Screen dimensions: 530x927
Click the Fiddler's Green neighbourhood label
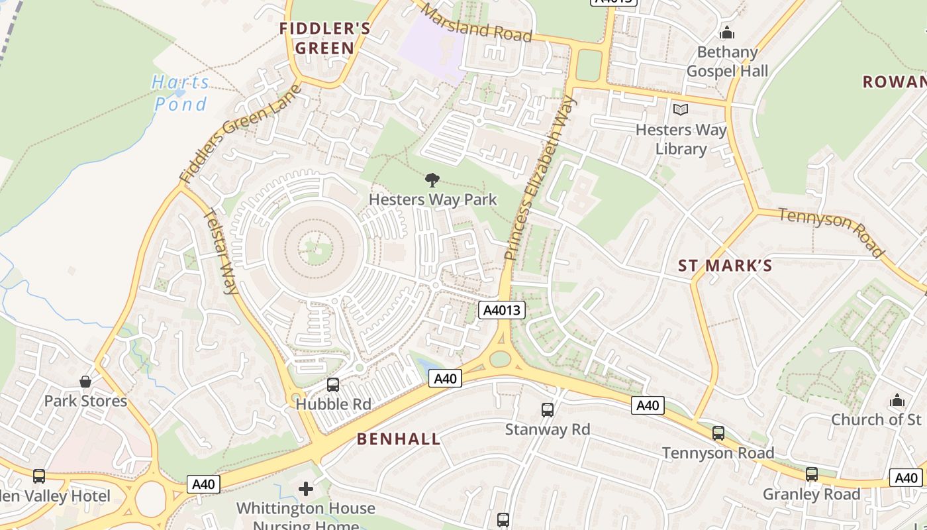pyautogui.click(x=324, y=38)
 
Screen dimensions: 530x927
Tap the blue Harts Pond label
pyautogui.click(x=181, y=93)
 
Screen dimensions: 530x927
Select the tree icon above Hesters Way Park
pyautogui.click(x=432, y=179)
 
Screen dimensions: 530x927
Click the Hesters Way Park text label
pyautogui.click(x=432, y=199)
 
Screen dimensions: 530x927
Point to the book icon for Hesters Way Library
pyautogui.click(x=681, y=109)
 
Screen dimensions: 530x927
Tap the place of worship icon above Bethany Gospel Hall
pyautogui.click(x=727, y=32)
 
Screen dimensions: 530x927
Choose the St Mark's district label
pyautogui.click(x=725, y=266)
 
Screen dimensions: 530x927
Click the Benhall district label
pyautogui.click(x=399, y=439)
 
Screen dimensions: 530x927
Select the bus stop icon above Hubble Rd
pyautogui.click(x=333, y=384)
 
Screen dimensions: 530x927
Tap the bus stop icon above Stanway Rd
pyautogui.click(x=548, y=409)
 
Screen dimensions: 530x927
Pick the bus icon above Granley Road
pyautogui.click(x=812, y=474)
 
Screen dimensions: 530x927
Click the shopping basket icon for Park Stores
pyautogui.click(x=85, y=382)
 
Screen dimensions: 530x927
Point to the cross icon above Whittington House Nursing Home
pyautogui.click(x=306, y=489)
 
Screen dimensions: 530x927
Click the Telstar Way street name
pyautogui.click(x=222, y=251)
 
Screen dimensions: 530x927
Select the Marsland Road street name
pyautogui.click(x=477, y=23)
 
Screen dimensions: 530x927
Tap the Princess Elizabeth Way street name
pyautogui.click(x=540, y=178)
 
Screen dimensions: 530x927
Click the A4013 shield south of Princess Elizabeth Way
pyautogui.click(x=503, y=309)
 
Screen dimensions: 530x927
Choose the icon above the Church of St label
pyautogui.click(x=897, y=400)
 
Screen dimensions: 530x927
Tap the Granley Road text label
pyautogui.click(x=811, y=494)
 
